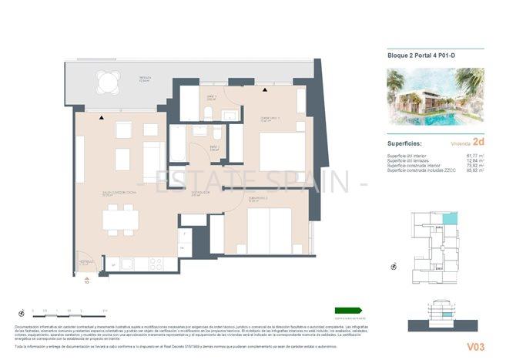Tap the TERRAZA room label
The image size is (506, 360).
tap(144, 79)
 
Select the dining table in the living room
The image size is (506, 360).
tap(121, 220)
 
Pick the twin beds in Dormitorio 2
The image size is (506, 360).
tap(268, 229)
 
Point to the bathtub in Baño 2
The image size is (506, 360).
tap(178, 142)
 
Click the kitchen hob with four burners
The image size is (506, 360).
tap(155, 263)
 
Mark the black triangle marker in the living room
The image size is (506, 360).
tap(102, 117)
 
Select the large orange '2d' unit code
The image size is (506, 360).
tap(478, 141)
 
